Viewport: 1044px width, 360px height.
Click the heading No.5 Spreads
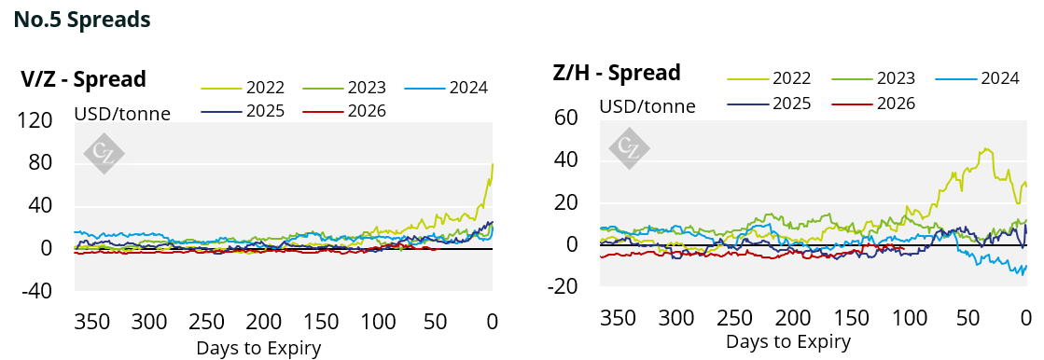tap(82, 20)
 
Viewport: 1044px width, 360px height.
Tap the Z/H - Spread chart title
tap(618, 72)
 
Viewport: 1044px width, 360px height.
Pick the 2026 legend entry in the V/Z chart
tap(344, 110)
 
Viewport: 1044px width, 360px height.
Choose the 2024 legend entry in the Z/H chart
tap(978, 78)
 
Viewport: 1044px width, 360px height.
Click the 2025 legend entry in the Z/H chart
tap(769, 104)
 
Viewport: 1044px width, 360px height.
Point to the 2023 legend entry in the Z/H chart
tap(873, 78)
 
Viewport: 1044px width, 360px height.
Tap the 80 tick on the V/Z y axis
tap(41, 164)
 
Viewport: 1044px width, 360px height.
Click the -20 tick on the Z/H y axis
tap(563, 287)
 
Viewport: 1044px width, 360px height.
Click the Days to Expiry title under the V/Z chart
tap(259, 347)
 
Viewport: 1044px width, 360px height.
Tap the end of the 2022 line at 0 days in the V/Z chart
tap(493, 164)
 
